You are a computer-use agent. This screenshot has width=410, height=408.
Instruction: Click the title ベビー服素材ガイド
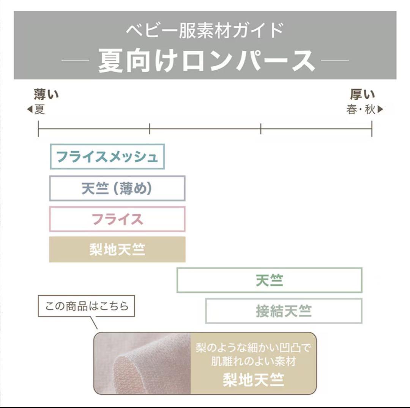(205, 31)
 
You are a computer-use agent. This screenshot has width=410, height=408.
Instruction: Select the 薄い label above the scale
(46, 94)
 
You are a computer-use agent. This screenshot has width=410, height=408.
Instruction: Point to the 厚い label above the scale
(363, 94)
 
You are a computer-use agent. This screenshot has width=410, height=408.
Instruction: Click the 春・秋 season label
(361, 109)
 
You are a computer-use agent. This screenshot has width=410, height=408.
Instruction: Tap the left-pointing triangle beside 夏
(30, 109)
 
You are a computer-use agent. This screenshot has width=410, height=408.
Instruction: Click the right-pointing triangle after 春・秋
(380, 109)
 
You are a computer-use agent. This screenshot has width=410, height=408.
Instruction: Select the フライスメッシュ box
(107, 157)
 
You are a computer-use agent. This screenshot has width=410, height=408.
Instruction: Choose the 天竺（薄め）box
(117, 188)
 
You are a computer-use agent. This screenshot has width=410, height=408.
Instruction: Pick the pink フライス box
(117, 219)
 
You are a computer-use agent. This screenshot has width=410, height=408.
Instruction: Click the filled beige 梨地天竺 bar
(117, 250)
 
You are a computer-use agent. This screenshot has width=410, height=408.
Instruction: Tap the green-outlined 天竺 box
(270, 280)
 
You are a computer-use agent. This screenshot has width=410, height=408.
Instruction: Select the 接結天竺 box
(284, 311)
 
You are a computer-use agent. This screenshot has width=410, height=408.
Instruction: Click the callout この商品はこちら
(87, 306)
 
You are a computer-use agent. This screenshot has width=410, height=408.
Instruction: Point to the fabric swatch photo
(142, 363)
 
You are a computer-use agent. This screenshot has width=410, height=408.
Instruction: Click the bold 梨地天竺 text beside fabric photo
(253, 380)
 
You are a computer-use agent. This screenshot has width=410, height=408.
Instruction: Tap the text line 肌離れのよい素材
(253, 361)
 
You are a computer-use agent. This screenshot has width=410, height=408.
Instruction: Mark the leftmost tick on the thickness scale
(38, 129)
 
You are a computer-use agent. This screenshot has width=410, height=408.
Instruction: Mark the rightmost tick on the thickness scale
(372, 129)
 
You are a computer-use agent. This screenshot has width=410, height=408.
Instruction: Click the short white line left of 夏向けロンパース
(75, 60)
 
